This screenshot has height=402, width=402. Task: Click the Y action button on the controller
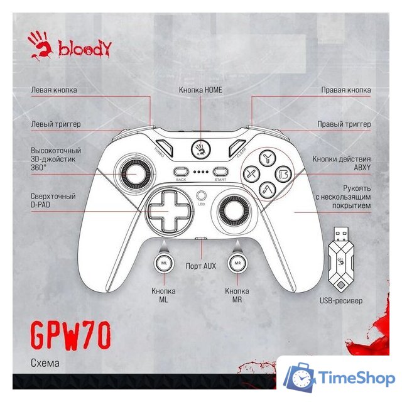[267, 159]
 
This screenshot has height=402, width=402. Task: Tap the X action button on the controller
[251, 175]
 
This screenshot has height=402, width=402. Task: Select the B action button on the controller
[284, 174]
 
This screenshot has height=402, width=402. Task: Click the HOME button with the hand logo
[201, 149]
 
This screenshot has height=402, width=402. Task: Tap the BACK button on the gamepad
[181, 171]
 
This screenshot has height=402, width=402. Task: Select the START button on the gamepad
[220, 171]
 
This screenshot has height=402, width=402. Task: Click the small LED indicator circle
[201, 196]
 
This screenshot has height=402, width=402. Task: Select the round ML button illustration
[164, 263]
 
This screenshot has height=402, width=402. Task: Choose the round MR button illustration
[237, 263]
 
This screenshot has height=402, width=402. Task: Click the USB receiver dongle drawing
[341, 260]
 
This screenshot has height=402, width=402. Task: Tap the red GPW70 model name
[71, 335]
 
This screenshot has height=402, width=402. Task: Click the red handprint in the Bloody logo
[40, 45]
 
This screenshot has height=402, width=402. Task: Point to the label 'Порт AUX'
[201, 266]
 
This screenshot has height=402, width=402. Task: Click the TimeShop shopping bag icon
[299, 377]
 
